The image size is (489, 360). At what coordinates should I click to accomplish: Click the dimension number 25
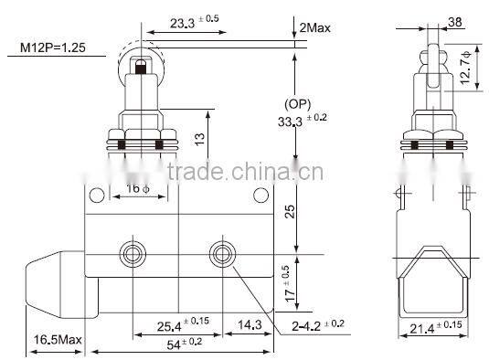point(290,213)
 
